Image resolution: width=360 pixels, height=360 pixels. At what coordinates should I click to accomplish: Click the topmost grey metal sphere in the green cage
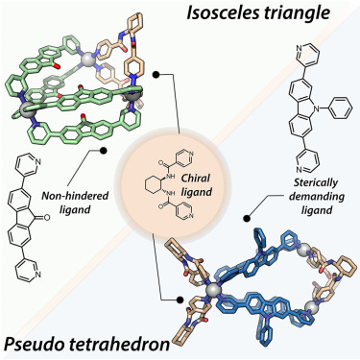(91, 39)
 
